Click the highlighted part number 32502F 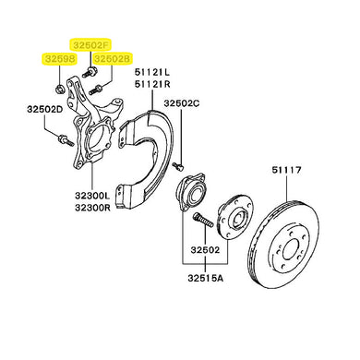(x=90, y=45)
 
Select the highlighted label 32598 (x=58, y=59)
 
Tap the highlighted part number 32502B (x=113, y=58)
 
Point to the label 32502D (x=45, y=109)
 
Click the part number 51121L (x=152, y=72)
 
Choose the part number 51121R (x=152, y=84)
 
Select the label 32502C (x=182, y=103)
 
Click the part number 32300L (x=92, y=196)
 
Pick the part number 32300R (x=92, y=207)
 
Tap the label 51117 (x=286, y=170)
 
